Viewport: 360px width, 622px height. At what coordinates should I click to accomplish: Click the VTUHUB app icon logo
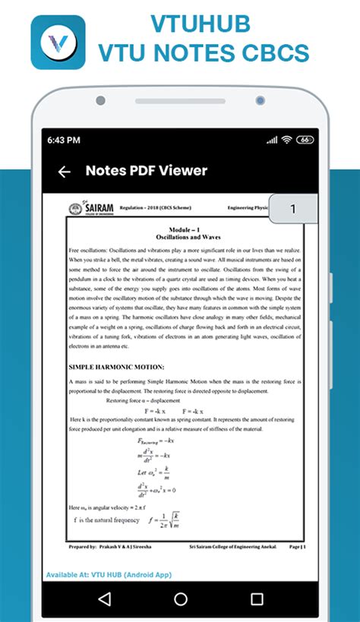point(58,42)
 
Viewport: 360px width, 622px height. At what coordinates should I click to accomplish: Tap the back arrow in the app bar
point(64,172)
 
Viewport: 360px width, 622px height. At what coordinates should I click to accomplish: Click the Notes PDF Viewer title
point(146,171)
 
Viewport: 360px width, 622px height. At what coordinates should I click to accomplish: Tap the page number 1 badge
point(293,208)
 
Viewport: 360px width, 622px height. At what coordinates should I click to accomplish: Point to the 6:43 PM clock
point(64,141)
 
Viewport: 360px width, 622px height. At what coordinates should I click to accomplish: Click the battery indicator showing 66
point(305,141)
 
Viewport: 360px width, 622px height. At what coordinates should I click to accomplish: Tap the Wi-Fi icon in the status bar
point(286,141)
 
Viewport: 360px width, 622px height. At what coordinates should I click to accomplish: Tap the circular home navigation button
point(181,599)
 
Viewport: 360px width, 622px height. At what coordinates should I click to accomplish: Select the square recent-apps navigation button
point(257,599)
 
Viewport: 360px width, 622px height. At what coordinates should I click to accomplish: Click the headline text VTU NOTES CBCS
point(204,53)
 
